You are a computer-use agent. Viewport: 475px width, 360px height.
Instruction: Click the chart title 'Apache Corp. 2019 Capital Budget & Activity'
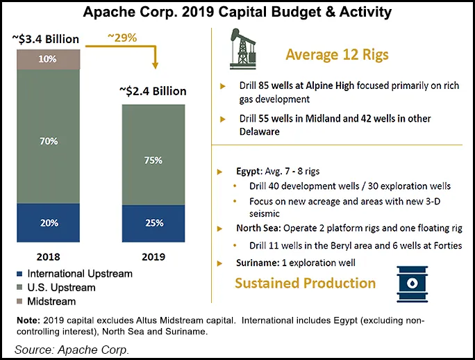[x=237, y=13]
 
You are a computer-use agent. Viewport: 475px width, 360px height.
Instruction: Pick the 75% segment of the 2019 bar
[x=154, y=160]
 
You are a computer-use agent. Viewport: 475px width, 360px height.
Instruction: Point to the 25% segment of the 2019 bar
[x=154, y=222]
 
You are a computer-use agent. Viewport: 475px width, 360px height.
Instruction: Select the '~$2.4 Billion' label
[x=153, y=91]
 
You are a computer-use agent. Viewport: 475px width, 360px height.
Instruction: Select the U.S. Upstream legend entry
[x=53, y=288]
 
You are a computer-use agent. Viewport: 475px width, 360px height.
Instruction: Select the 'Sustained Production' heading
[x=305, y=284]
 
